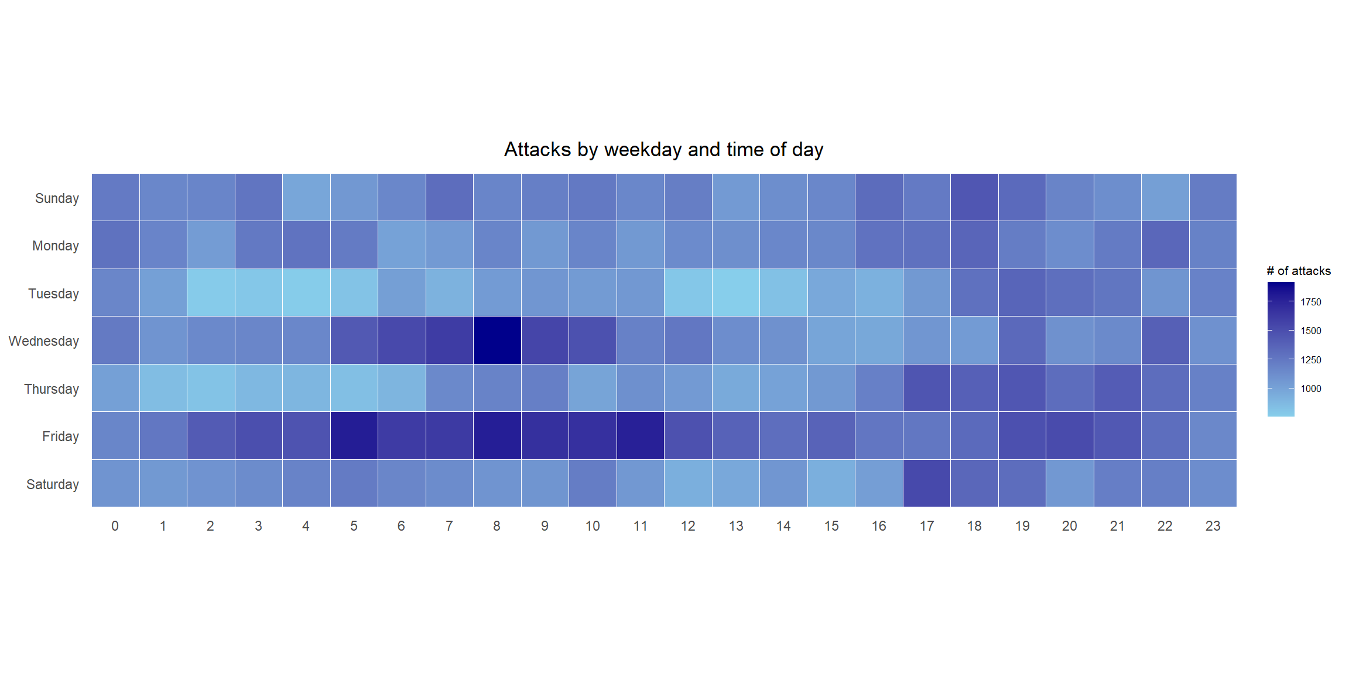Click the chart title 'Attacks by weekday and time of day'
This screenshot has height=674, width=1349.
[663, 150]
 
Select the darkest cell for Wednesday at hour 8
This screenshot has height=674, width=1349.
[497, 341]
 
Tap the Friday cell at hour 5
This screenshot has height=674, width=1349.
[354, 436]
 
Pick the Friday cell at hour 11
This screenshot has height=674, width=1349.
[640, 436]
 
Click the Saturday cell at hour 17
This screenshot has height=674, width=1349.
[926, 484]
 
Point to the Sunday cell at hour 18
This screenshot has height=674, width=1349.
[974, 198]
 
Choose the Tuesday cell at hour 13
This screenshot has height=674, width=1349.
[735, 293]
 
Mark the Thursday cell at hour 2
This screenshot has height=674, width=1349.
[210, 388]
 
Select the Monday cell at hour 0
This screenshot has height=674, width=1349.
[115, 245]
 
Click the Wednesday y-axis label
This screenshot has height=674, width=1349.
[44, 341]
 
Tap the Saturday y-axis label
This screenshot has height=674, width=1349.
[53, 484]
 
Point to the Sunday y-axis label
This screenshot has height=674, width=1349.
[57, 198]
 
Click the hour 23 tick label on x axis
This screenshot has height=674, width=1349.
[1213, 526]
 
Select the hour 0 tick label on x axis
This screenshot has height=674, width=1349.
[115, 526]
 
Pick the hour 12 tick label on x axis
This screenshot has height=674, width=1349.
[688, 526]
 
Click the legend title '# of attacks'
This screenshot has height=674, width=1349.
[1298, 271]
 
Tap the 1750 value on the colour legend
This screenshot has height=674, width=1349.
[1311, 302]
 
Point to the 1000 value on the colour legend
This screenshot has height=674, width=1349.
[1311, 388]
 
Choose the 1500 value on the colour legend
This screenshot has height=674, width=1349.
[1311, 331]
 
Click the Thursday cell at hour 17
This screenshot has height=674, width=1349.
[926, 388]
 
